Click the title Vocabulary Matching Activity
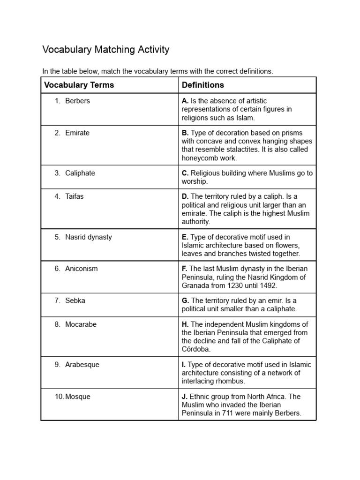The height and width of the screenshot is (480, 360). coord(105,50)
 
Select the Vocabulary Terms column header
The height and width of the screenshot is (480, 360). coord(79,85)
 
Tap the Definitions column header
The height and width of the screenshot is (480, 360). coord(202,85)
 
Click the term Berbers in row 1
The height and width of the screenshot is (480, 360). coord(77,101)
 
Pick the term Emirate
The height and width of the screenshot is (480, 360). coord(77,133)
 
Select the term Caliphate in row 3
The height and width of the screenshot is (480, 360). coord(80,173)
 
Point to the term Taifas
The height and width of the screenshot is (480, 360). coord(74,196)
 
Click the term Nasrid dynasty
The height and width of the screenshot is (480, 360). coord(89,237)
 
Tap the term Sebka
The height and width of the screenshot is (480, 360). coord(75,300)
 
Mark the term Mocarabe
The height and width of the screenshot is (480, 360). coord(81,324)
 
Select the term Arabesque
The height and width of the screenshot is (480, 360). coord(82,364)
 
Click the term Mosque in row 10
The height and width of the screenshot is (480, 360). coord(78,397)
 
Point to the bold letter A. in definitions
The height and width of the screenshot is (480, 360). coord(185,101)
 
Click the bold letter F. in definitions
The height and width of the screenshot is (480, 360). coord(185,269)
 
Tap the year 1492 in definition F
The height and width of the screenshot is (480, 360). coord(268,285)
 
